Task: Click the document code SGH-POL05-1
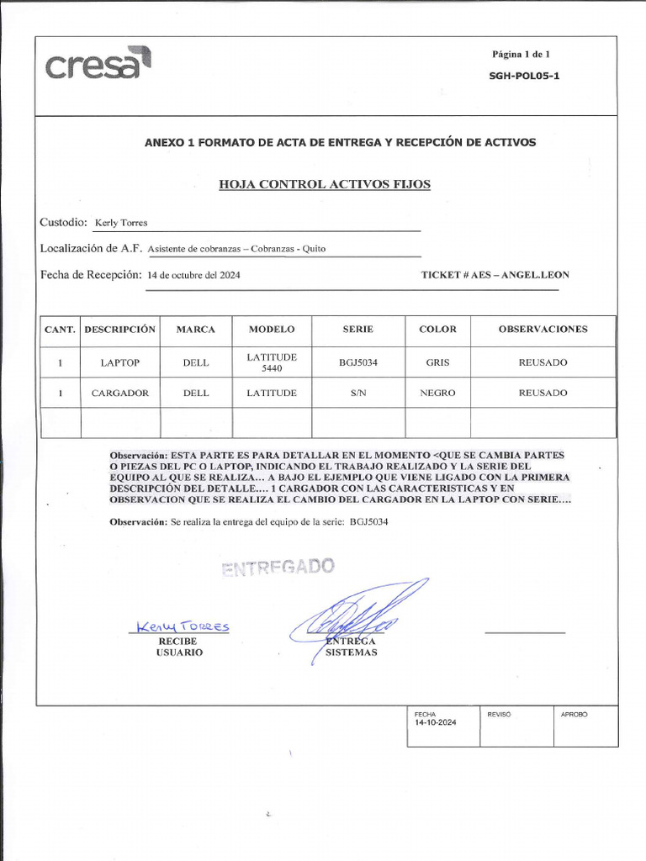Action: click(525, 76)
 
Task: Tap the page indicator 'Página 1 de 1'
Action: click(521, 55)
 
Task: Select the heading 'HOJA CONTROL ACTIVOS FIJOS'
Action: click(325, 184)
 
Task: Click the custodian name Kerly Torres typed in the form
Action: click(121, 223)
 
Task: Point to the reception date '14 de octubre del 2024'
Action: click(193, 275)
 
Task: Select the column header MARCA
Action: click(196, 330)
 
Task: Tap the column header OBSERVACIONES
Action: click(543, 330)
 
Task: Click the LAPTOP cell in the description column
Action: click(120, 362)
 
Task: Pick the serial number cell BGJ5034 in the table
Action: click(358, 362)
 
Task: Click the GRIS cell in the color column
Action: click(437, 362)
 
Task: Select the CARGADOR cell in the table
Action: click(120, 393)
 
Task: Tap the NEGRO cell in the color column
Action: click(437, 393)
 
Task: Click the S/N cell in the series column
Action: click(358, 393)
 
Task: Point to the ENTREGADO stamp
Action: click(278, 567)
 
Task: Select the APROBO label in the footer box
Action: click(574, 714)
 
